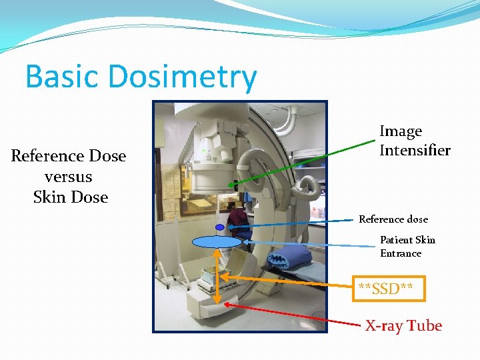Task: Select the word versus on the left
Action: (68, 177)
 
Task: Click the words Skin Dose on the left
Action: (70, 197)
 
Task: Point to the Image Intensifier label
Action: (414, 141)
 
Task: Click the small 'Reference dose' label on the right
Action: (393, 219)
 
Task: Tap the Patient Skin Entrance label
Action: (407, 247)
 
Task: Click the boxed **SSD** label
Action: (385, 289)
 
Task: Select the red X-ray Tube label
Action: (403, 326)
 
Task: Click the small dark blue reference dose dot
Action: (219, 227)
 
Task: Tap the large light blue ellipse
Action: (216, 242)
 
